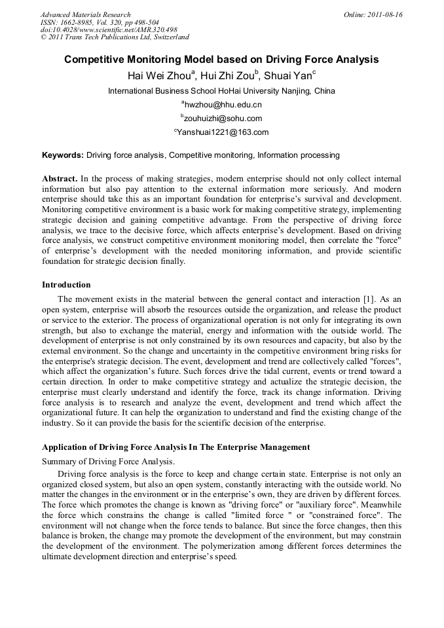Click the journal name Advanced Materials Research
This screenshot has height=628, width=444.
tap(86, 14)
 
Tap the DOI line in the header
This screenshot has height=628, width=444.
tap(109, 29)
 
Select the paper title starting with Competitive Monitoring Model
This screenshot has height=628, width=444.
tap(221, 60)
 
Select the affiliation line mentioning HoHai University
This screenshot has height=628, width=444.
tap(221, 91)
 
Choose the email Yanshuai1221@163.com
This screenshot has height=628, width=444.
tap(222, 132)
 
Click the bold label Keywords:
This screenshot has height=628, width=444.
tap(63, 155)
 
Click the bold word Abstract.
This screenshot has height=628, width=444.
tap(60, 179)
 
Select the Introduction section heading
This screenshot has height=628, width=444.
tap(66, 285)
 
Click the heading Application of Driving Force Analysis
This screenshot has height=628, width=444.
tap(176, 447)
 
